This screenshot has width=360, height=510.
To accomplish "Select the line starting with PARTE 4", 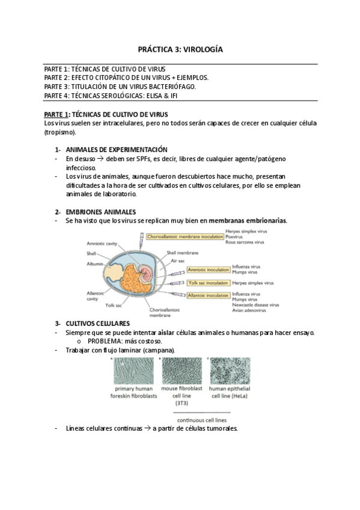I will point(111,96).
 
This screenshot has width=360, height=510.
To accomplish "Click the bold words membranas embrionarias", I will point(247,221).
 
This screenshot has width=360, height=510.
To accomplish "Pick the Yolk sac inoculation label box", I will point(208,282).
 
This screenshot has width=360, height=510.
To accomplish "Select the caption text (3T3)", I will point(180,404).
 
